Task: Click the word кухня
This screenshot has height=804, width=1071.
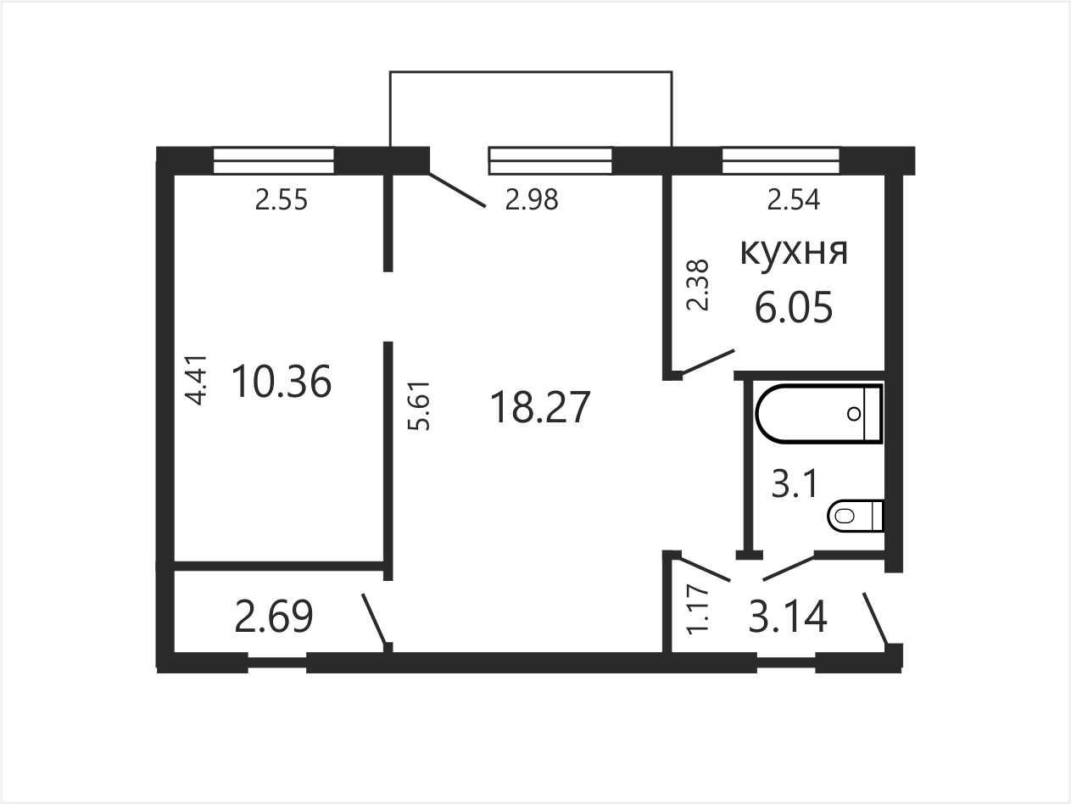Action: tap(794, 253)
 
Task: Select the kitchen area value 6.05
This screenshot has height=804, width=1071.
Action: tap(794, 307)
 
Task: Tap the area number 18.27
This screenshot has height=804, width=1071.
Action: tap(540, 407)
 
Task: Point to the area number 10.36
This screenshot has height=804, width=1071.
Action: tap(282, 382)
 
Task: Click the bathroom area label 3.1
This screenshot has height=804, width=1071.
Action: tap(795, 484)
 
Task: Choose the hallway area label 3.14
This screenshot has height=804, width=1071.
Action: tap(788, 617)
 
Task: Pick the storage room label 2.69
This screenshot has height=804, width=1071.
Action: tap(273, 617)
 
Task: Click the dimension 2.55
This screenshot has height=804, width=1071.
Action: tap(282, 200)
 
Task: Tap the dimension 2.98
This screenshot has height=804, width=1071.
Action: tap(532, 199)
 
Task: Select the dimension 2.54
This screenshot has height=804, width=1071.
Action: tap(794, 199)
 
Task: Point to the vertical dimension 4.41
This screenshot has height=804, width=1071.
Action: tap(198, 380)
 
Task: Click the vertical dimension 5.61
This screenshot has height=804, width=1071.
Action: tap(419, 406)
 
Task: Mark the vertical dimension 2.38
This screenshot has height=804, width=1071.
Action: tap(697, 285)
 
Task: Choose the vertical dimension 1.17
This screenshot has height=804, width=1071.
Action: tap(697, 610)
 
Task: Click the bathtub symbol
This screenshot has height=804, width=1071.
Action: tap(819, 414)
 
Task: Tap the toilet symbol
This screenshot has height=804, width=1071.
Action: tap(856, 516)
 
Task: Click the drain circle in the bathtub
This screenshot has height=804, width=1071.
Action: tap(855, 414)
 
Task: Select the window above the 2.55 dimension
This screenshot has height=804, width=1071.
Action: tap(274, 160)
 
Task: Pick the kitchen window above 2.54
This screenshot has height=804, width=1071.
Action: tap(781, 160)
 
